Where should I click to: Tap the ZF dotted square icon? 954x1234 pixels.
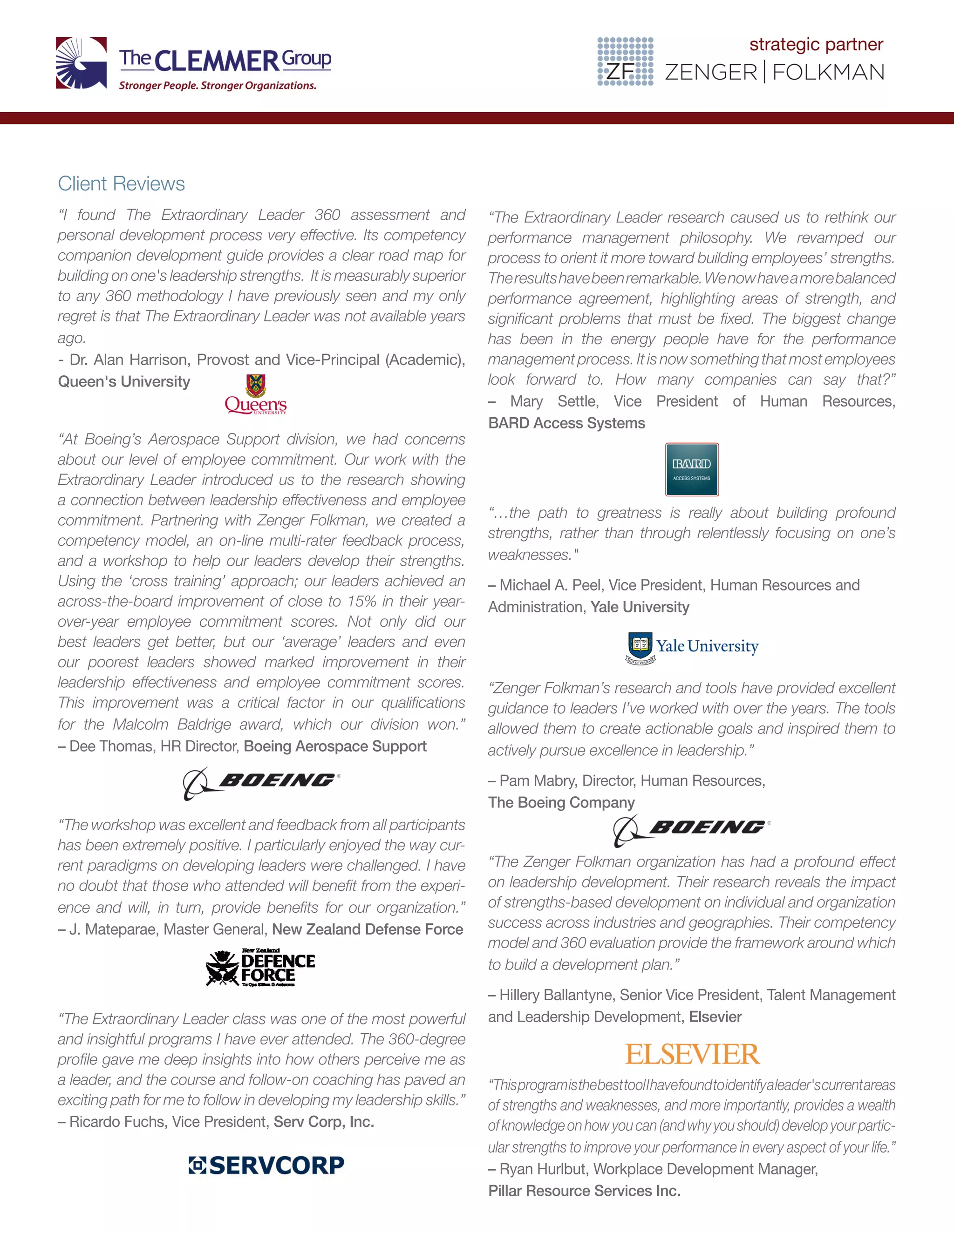tap(625, 61)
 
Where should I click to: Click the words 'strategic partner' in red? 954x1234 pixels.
tap(816, 44)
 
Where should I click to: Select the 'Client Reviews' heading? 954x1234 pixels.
tap(121, 183)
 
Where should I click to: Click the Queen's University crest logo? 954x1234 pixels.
tap(255, 394)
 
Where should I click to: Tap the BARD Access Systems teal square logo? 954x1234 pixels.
tap(691, 469)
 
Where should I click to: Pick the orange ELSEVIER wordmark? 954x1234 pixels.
tap(692, 1054)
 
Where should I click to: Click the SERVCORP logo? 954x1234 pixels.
tap(266, 1165)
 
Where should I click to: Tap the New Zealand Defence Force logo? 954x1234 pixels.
tap(260, 968)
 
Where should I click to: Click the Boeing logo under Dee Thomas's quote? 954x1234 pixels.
tap(261, 783)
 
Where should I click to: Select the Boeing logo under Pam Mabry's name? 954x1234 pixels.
tap(692, 829)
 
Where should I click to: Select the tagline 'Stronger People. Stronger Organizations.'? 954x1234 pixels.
tap(217, 86)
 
